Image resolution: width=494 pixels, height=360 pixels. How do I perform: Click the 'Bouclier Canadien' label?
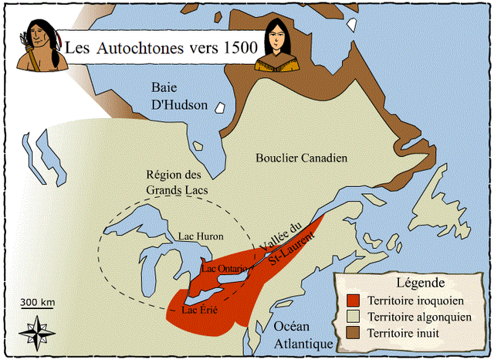tap(301, 158)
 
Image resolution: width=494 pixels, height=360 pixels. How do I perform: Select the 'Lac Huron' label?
tap(201, 236)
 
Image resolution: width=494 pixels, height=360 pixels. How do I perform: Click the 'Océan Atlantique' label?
tap(303, 334)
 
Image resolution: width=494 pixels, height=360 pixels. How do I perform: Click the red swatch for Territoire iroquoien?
tap(355, 300)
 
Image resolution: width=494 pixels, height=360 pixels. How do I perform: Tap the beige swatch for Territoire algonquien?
tap(355, 317)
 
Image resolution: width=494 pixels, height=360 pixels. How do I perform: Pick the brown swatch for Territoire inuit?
tap(355, 333)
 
